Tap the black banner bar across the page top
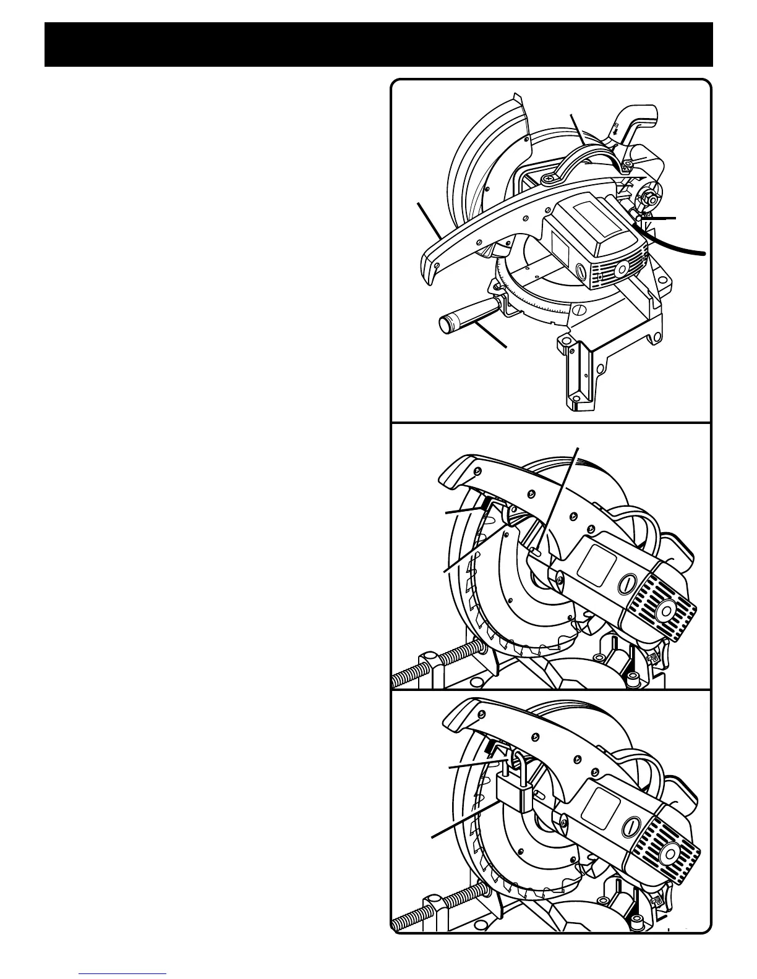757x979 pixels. click(378, 45)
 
